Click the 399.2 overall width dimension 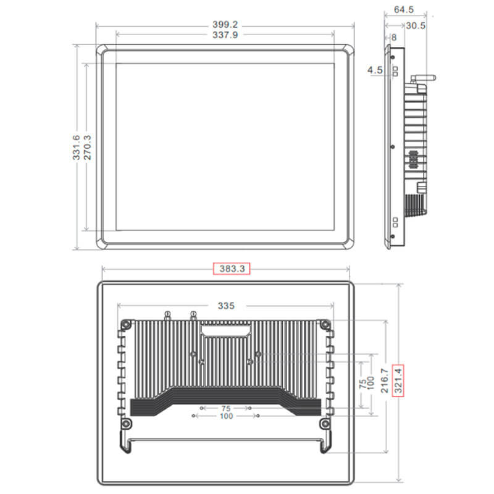click(225, 25)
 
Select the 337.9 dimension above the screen click(225, 35)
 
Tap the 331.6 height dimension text click(76, 148)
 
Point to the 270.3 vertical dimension click(87, 148)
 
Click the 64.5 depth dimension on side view click(403, 10)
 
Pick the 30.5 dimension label click(416, 25)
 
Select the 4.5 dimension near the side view click(375, 70)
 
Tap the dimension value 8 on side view click(393, 37)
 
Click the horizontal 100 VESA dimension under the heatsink click(226, 417)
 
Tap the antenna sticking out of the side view click(424, 78)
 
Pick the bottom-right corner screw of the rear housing click(323, 424)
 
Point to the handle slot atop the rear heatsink click(225, 332)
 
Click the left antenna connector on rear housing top click(167, 316)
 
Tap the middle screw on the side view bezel click(393, 147)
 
